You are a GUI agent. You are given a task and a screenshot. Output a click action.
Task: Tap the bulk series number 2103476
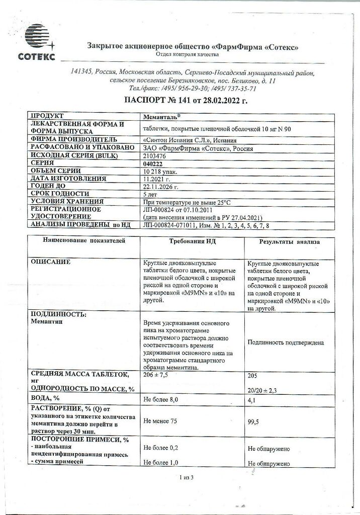[154, 156]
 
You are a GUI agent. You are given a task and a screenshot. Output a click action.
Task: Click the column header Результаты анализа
[289, 242]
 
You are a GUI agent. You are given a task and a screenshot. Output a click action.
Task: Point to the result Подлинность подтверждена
[286, 342]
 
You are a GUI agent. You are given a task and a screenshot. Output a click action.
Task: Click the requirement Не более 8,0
[161, 399]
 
